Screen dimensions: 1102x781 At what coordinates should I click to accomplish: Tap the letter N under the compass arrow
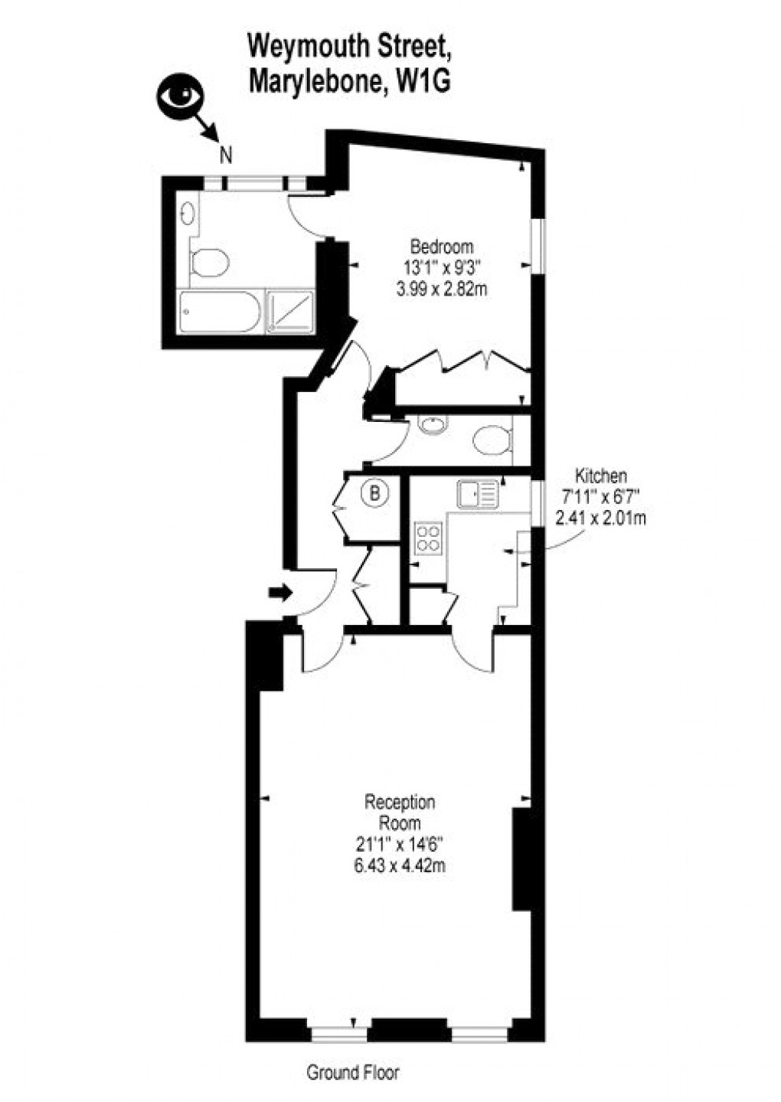pos(226,155)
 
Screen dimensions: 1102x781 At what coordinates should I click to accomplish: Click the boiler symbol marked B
pos(374,493)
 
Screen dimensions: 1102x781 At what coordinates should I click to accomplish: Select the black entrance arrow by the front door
pos(280,592)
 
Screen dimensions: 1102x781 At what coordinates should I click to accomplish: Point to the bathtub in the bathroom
pos(220,312)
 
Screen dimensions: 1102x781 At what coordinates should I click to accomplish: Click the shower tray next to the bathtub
pos(290,312)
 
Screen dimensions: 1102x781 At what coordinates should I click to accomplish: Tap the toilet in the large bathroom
pos(208,262)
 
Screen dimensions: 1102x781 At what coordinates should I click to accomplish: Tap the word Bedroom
pos(442,247)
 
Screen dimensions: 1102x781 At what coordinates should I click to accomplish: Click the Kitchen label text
pos(601,476)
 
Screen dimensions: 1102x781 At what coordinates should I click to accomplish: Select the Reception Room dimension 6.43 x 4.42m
pos(400,866)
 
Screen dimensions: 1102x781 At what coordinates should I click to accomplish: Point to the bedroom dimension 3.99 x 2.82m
pos(442,289)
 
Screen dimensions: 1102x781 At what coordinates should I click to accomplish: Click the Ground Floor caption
pos(353,1073)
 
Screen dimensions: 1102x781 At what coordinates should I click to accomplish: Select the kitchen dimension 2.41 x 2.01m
pos(601,518)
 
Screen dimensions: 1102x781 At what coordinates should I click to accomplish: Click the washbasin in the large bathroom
pos(188,211)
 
